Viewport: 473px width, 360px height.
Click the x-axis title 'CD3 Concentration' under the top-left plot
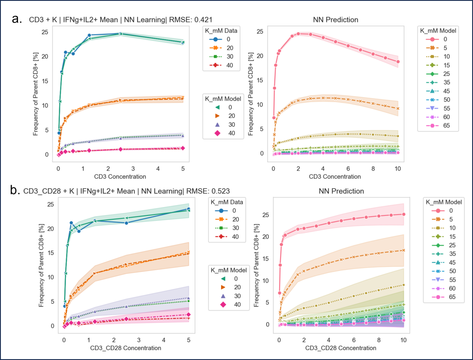tap(120, 177)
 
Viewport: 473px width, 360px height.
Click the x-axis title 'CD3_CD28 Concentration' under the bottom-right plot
tap(341, 348)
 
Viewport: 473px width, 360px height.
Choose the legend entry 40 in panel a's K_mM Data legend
tap(236, 66)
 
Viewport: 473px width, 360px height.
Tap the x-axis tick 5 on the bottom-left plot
tap(189, 339)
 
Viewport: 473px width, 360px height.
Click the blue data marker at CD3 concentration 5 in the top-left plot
tap(182, 42)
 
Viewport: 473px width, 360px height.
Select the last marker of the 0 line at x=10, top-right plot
tap(398, 62)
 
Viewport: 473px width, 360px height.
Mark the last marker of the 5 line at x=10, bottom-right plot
tap(403, 250)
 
